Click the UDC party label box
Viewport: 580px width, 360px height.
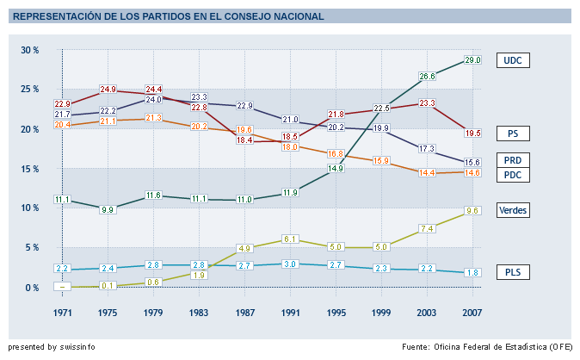coord(513,60)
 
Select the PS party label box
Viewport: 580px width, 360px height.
coord(513,133)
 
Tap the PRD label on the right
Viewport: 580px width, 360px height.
coord(513,160)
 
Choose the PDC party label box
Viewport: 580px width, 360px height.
coord(513,176)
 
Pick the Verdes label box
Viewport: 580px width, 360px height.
coord(513,210)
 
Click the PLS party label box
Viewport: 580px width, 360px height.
coord(513,273)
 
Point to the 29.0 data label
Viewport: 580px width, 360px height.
coord(472,60)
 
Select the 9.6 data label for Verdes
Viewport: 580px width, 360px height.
coord(472,210)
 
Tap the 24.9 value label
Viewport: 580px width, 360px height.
coord(108,89)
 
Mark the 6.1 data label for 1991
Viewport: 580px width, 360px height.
coord(291,239)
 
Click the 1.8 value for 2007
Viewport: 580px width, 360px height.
coord(472,272)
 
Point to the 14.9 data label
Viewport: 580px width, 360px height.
coord(336,169)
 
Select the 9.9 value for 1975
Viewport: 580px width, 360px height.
coord(108,209)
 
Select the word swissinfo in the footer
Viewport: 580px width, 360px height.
coord(77,347)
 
